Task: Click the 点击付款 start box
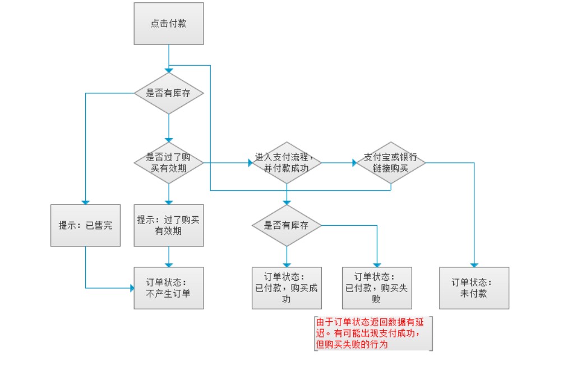(x=169, y=24)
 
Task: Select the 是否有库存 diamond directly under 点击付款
(x=169, y=93)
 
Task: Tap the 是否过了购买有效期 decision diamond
(x=169, y=163)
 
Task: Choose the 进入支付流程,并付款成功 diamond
(x=287, y=163)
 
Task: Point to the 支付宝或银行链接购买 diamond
(x=391, y=163)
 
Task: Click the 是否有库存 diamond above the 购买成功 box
(x=287, y=225)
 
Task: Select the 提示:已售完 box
(x=85, y=225)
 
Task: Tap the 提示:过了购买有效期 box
(x=169, y=225)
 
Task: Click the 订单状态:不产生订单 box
(x=169, y=288)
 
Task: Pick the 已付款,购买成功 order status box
(x=287, y=288)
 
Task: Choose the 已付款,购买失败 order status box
(x=377, y=288)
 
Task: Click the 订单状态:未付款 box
(x=474, y=288)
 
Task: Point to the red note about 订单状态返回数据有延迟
(x=373, y=334)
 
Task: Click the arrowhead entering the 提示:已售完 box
(x=85, y=202)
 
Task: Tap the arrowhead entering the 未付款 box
(x=474, y=265)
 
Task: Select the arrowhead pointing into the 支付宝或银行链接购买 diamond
(x=354, y=163)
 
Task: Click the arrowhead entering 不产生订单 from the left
(x=132, y=288)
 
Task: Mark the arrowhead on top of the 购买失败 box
(x=377, y=265)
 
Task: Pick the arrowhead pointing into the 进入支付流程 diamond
(x=250, y=163)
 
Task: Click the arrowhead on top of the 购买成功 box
(x=287, y=265)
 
